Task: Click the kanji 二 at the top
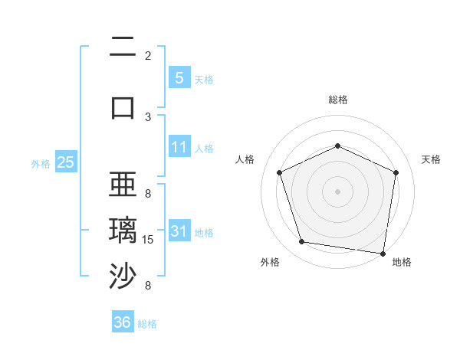click(x=123, y=47)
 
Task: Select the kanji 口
click(x=123, y=106)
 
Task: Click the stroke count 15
click(x=149, y=240)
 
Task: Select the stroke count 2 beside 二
click(x=148, y=56)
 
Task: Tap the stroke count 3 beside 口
click(x=148, y=116)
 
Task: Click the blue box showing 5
click(x=179, y=77)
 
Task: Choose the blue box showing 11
click(x=179, y=147)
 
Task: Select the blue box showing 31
click(x=179, y=231)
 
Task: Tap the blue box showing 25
click(x=65, y=162)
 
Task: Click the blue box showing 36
click(x=123, y=322)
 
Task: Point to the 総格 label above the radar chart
click(x=337, y=100)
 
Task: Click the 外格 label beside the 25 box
click(x=41, y=163)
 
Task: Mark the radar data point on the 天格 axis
click(x=396, y=172)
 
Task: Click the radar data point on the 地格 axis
click(x=383, y=253)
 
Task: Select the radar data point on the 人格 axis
click(x=280, y=172)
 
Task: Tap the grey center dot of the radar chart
click(x=337, y=191)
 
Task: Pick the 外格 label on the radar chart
click(x=270, y=263)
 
